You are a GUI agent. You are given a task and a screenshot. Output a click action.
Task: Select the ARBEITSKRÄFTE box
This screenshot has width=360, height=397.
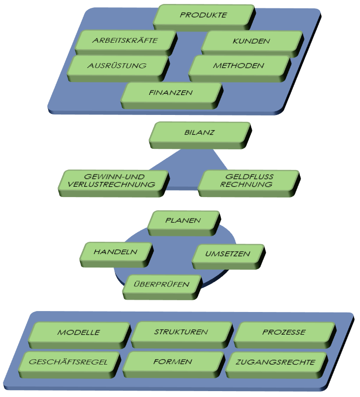[x=126, y=42]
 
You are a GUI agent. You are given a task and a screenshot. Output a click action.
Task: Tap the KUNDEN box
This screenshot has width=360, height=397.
[x=252, y=44]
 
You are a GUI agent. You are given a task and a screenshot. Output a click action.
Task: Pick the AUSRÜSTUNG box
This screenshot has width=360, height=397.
[x=118, y=68]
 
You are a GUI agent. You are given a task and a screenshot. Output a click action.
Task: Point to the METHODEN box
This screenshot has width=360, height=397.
[x=240, y=68]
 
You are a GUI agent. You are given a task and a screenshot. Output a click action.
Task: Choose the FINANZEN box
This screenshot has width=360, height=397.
[x=172, y=95]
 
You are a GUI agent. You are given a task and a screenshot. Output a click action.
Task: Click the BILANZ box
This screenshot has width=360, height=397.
[x=200, y=135]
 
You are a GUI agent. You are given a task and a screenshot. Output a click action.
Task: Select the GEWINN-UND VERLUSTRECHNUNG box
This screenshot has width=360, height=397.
[x=114, y=183]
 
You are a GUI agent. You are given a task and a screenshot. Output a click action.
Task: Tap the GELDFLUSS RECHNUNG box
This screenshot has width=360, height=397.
[x=249, y=183]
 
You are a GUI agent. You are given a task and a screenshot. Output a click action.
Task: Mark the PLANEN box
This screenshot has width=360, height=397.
[x=183, y=223]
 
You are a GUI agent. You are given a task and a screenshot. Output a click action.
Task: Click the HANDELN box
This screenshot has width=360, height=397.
[x=117, y=255]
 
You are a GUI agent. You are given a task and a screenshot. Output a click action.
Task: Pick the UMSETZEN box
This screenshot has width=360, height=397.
[x=229, y=256]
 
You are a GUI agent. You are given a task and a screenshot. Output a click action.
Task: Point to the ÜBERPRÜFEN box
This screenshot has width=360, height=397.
[x=162, y=287]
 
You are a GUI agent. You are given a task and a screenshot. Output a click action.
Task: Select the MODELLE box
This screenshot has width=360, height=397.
[x=80, y=335]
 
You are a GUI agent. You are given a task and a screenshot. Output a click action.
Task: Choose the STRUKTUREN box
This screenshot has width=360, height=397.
[x=182, y=335]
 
